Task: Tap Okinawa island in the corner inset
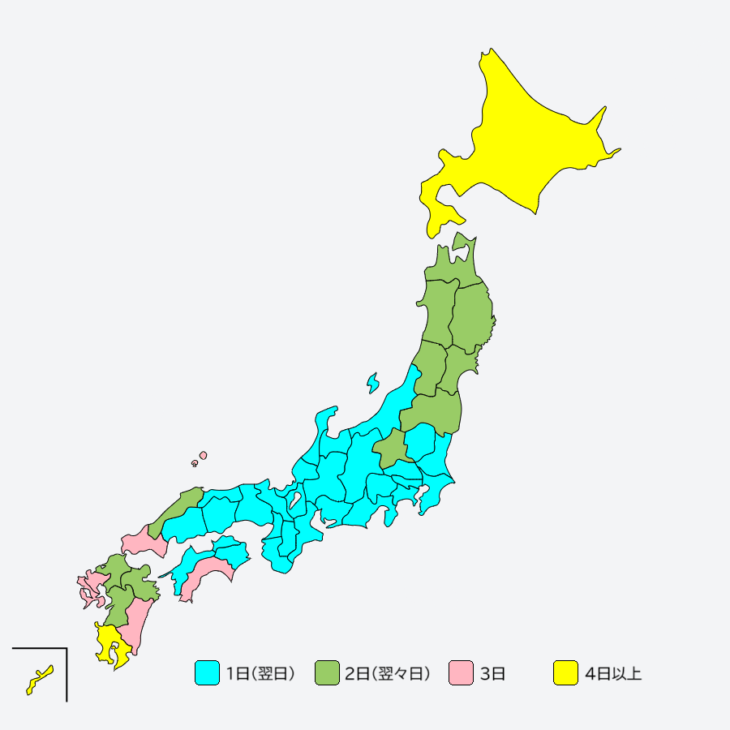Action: [x=37, y=679]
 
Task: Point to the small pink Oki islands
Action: [x=202, y=456]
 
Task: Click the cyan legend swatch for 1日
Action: [x=207, y=673]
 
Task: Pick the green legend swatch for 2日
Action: [x=327, y=673]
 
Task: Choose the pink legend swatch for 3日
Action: [x=461, y=673]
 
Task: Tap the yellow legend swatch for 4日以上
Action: [x=565, y=673]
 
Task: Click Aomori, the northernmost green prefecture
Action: [x=454, y=264]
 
